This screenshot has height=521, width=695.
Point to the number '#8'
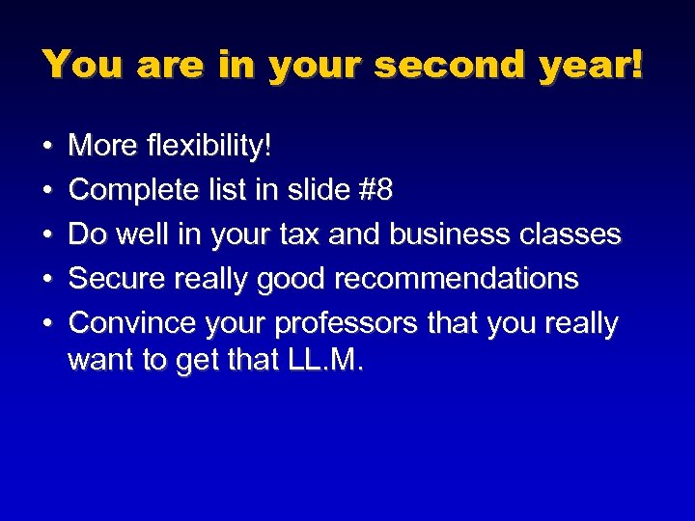point(374,190)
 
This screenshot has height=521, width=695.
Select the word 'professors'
point(363,323)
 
